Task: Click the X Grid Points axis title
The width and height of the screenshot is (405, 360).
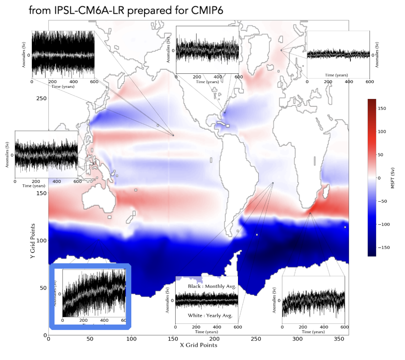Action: point(199,346)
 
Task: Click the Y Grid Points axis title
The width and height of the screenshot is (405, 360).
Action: point(33,241)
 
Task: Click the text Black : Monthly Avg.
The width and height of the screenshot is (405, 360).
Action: point(212,286)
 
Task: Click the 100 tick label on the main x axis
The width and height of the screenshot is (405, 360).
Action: point(131,339)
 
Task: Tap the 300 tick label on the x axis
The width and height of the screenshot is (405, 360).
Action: point(298,339)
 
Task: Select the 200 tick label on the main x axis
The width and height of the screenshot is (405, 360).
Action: point(214,339)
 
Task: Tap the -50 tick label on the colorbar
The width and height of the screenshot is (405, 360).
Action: point(382,201)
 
